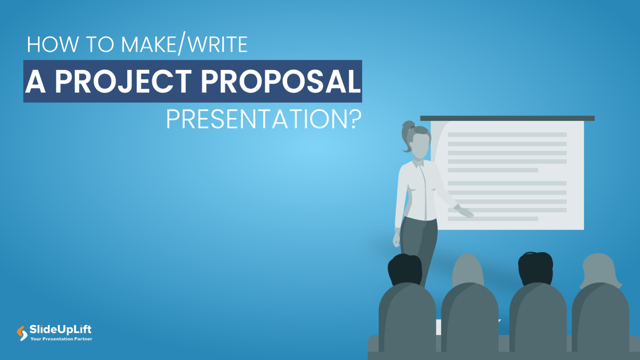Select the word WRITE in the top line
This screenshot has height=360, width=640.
pos(218,44)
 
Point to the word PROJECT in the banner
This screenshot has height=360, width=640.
pos(123,81)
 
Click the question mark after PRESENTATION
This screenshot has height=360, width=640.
pos(354,120)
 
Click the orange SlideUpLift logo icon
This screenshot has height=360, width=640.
pos(22,333)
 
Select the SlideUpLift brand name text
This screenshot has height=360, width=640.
pos(60,330)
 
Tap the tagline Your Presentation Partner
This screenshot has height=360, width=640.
pos(61,339)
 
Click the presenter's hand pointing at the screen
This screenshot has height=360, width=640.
pos(466,212)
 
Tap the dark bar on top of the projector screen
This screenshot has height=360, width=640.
pos(507,118)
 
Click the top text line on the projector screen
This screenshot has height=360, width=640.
pos(507,135)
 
